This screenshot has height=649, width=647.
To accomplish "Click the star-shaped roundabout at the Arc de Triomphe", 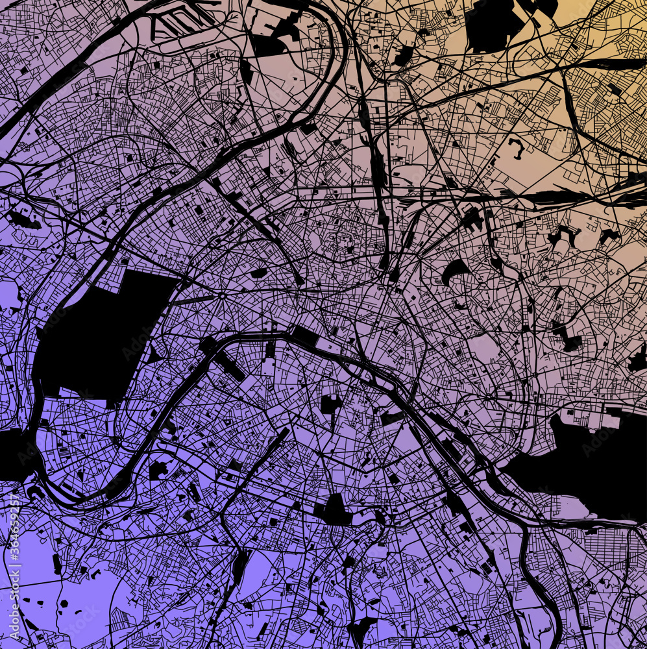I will pos(221,296).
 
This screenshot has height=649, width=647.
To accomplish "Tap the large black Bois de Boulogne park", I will pos(104,337).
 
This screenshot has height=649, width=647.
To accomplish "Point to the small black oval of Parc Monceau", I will pos(258,273).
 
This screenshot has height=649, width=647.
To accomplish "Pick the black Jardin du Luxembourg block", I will pos(330,404).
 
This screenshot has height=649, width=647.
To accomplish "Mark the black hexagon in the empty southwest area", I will pos(64,603).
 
